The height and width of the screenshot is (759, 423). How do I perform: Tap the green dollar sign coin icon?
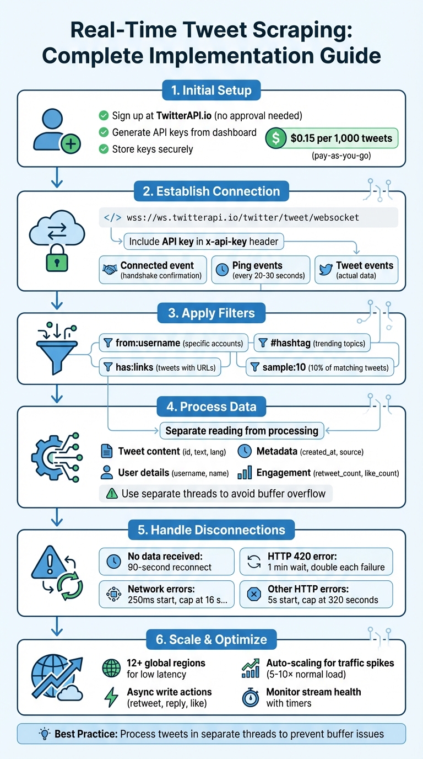(275, 138)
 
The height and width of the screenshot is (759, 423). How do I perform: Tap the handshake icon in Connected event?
(111, 270)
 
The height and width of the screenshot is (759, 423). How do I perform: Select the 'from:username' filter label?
(148, 343)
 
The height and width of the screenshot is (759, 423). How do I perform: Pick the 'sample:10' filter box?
(320, 366)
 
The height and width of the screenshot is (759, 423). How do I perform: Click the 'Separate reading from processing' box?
(242, 430)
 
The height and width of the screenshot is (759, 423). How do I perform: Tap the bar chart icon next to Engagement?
(245, 473)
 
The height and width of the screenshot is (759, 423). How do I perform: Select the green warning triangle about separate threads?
(112, 493)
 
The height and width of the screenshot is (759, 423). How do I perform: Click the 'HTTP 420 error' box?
(316, 562)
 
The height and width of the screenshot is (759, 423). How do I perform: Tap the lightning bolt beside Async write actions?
(112, 698)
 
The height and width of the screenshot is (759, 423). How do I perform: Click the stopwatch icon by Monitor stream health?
(251, 698)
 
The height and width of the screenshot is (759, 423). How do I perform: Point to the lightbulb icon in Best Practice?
(44, 734)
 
